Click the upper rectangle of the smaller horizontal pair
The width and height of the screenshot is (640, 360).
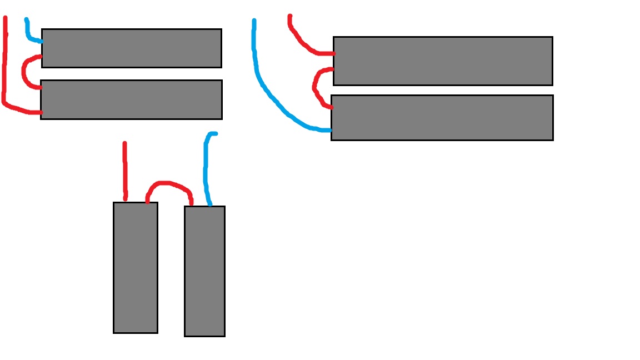click(x=132, y=48)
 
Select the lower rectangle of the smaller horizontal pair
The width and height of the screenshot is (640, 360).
click(x=132, y=99)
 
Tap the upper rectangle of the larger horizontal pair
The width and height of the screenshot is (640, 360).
click(x=443, y=61)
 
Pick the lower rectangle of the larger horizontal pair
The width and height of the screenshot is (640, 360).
click(x=442, y=118)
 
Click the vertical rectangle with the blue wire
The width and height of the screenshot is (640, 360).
click(x=204, y=271)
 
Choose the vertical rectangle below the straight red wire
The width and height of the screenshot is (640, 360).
click(x=136, y=268)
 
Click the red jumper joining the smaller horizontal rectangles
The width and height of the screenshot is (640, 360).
click(x=23, y=71)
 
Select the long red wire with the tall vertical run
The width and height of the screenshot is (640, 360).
click(x=4, y=67)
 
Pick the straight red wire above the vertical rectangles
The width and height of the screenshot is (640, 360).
click(x=124, y=169)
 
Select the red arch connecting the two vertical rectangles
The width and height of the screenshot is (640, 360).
click(x=169, y=183)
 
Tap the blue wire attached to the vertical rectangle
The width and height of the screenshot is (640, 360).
click(x=206, y=167)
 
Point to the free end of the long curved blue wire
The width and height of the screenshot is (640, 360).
click(x=254, y=21)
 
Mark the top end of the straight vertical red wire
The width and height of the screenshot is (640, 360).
click(x=124, y=144)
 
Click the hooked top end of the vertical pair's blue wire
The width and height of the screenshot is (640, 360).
click(x=214, y=133)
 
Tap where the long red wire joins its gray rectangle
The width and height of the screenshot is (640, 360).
click(x=40, y=113)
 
